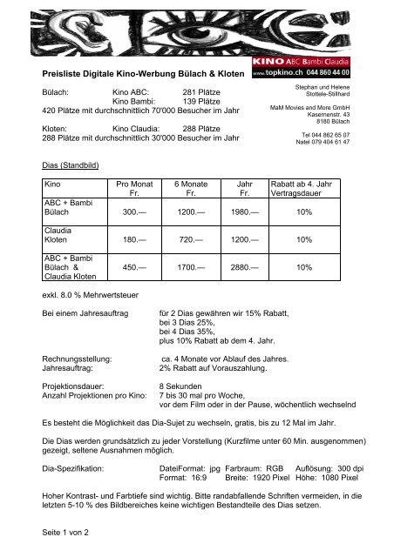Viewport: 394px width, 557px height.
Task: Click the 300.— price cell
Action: (133, 212)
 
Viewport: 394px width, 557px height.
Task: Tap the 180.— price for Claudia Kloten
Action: (133, 238)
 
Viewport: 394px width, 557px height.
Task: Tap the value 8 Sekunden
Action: (184, 384)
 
